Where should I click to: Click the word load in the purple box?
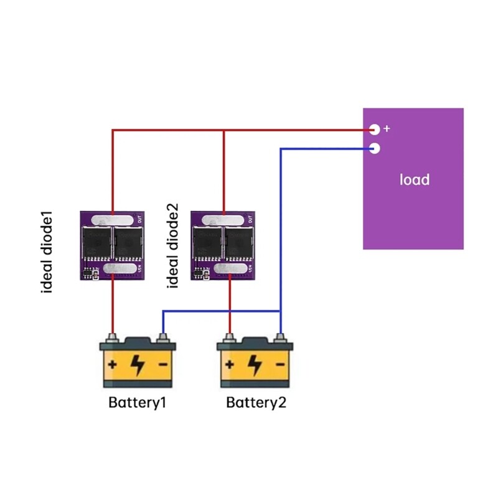tap(414, 180)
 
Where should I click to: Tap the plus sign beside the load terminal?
tap(387, 129)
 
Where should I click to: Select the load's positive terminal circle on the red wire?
tap(374, 129)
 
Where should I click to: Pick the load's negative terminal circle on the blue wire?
tap(374, 148)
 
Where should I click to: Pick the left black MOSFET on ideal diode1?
tap(96, 243)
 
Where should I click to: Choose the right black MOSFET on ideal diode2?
tap(239, 243)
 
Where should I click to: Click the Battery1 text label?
tap(138, 402)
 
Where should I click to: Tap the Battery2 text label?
tap(256, 402)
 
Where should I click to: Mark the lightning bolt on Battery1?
tap(138, 364)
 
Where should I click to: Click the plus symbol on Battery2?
tap(230, 364)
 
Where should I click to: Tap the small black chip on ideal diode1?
tap(88, 272)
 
